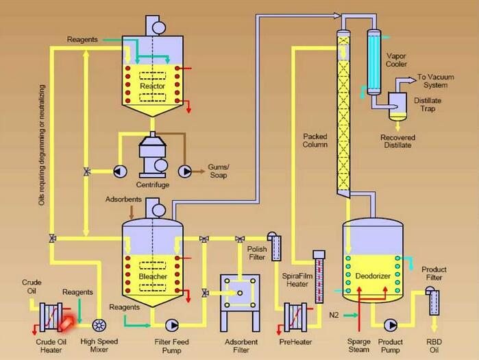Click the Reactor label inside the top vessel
click(152, 86)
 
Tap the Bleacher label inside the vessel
click(153, 276)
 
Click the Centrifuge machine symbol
click(152, 156)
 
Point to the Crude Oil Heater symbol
click(53, 318)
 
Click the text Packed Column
click(315, 141)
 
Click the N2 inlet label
click(334, 315)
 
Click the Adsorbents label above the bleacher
click(123, 200)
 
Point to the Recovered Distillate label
click(398, 141)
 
